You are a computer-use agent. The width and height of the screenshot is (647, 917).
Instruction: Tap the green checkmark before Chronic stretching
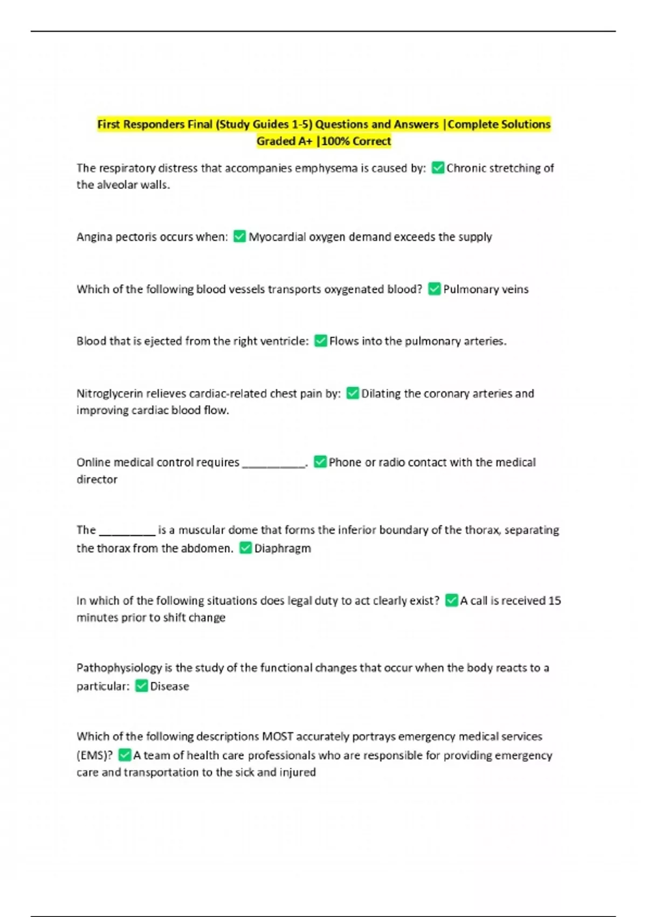[438, 168]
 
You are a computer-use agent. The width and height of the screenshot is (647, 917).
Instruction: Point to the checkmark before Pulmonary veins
[435, 289]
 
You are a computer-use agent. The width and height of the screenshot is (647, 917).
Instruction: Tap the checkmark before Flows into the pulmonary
[321, 341]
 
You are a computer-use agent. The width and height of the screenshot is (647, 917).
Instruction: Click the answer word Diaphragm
[283, 549]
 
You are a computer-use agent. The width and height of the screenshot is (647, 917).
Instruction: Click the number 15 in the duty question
[554, 601]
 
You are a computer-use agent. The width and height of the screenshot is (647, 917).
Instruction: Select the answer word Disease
[169, 687]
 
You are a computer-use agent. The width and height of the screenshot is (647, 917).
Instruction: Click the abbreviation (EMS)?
[94, 756]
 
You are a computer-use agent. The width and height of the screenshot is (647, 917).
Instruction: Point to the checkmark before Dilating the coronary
[353, 393]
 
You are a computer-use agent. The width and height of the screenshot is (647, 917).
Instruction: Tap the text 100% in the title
[335, 142]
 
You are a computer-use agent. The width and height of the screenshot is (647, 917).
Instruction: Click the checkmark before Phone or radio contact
[320, 462]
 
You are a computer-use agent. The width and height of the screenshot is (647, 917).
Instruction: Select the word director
[97, 480]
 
